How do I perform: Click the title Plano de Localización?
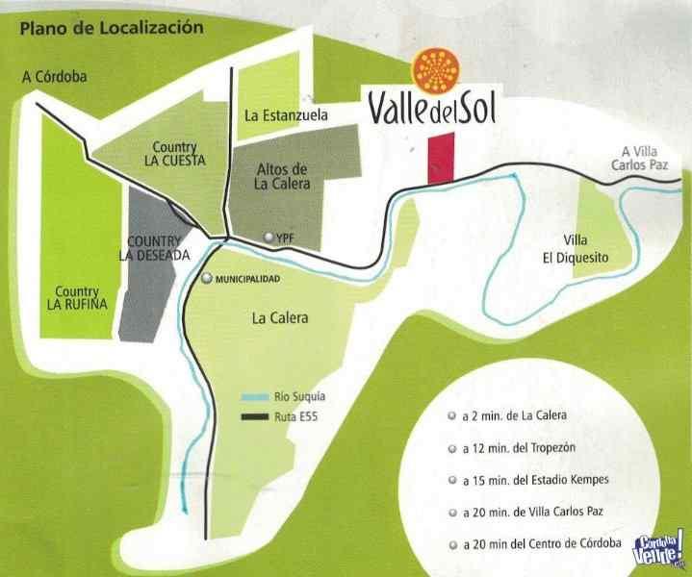pos(112,28)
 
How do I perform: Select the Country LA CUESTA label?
pos(170,155)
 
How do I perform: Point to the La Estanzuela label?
pos(287,115)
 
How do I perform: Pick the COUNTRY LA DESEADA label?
pos(154,247)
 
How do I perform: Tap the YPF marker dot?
pos(270,237)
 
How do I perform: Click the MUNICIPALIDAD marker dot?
pos(207,278)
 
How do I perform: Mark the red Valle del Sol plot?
pos(440,158)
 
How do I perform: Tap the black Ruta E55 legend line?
pos(255,416)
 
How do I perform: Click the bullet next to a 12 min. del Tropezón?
pos(452,449)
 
